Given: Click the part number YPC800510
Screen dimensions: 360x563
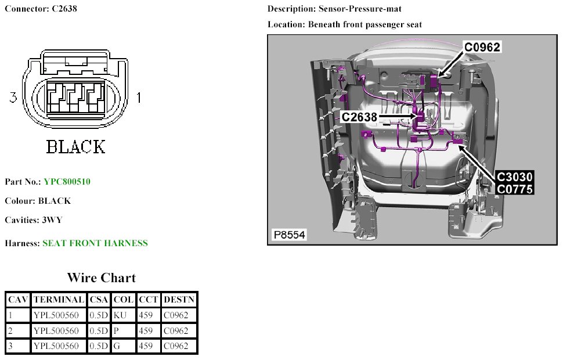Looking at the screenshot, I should click(x=67, y=182).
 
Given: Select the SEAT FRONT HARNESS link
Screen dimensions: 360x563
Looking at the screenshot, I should click(x=95, y=243).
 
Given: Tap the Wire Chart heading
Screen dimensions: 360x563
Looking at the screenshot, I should click(x=101, y=278).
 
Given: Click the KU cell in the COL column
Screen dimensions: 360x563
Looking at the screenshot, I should click(x=121, y=315).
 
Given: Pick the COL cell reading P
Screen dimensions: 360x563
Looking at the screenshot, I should click(x=121, y=331).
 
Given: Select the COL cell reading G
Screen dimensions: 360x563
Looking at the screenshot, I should click(x=121, y=346).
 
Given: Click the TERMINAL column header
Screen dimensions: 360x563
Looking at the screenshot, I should click(x=59, y=300).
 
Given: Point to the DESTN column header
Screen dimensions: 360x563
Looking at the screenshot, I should click(x=179, y=300).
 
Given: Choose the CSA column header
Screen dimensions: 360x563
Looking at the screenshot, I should click(x=99, y=300).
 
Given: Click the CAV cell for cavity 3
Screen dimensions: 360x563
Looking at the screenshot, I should click(x=17, y=346).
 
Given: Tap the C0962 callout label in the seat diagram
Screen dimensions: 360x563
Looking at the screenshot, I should click(x=481, y=48).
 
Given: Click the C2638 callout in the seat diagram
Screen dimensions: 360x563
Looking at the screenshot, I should click(x=359, y=117).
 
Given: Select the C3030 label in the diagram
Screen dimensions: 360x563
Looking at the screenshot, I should click(x=515, y=177).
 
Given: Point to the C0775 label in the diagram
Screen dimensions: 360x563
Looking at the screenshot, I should click(x=515, y=188).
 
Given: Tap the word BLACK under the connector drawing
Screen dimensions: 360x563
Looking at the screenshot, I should click(x=75, y=147).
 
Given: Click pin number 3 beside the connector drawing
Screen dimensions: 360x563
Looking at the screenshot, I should click(x=13, y=98).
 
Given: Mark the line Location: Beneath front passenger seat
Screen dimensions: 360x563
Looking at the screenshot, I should click(x=345, y=24).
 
